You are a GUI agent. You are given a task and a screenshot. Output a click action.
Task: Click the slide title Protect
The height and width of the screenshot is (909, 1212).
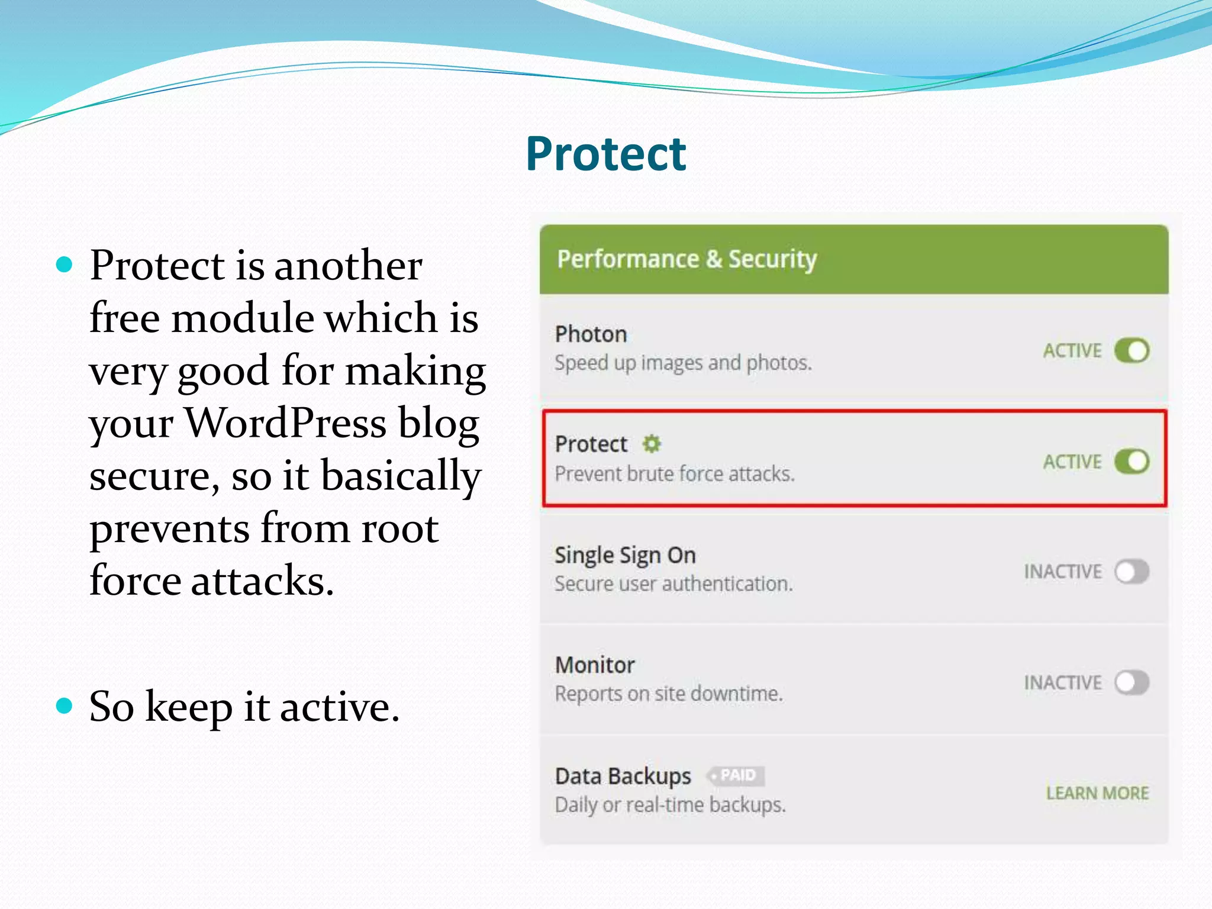coord(605,154)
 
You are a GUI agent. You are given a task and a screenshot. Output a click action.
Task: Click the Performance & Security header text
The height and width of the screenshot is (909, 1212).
coord(686,259)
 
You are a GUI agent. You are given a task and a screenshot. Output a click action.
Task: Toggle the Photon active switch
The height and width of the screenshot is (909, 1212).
coord(1131,350)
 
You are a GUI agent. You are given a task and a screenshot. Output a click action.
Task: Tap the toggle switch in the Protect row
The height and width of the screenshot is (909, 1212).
coord(1131,461)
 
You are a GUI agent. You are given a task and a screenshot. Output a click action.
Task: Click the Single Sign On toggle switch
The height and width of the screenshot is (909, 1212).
coord(1131,572)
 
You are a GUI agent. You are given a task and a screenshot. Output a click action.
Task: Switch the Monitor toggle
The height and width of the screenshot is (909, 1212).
coord(1131,682)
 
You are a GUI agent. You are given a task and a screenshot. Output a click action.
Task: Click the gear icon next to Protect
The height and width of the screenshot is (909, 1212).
coord(652,443)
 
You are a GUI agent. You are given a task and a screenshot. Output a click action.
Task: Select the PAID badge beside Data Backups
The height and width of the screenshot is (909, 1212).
coord(737,775)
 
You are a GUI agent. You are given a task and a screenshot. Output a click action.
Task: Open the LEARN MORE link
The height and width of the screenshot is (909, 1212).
coord(1097,793)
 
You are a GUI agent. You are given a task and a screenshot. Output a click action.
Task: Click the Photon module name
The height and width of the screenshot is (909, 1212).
coord(591,334)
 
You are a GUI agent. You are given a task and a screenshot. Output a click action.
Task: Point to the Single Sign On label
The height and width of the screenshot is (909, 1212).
coord(625,555)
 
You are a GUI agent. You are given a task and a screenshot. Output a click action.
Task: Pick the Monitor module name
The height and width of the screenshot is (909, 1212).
coord(594,665)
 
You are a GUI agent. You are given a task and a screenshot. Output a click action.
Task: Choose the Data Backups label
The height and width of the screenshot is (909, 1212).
coord(623,776)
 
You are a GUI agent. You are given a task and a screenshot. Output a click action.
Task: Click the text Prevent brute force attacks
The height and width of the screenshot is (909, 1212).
coord(674,474)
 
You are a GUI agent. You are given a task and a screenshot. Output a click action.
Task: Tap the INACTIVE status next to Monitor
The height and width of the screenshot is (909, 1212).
coord(1062,683)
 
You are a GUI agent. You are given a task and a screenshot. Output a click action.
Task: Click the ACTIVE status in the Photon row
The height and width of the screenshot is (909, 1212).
coord(1072,351)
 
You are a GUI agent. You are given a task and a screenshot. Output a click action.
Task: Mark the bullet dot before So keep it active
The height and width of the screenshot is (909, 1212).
coord(64,705)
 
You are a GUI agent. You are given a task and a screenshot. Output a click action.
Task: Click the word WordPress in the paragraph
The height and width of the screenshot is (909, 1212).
coord(286,423)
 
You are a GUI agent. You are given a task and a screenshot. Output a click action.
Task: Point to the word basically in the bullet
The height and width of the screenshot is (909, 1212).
coord(401,475)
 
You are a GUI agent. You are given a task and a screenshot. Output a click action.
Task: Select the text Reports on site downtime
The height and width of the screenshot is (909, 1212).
coord(668,694)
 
